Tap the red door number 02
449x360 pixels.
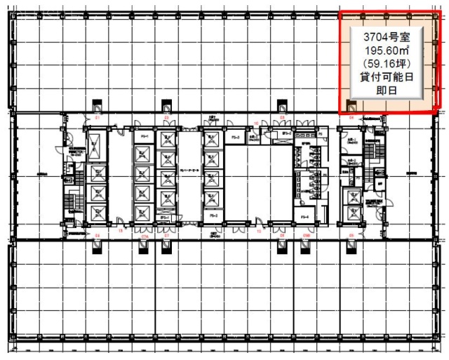point(166,117)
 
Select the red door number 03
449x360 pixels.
point(281,117)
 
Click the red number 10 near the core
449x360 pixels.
point(257,124)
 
